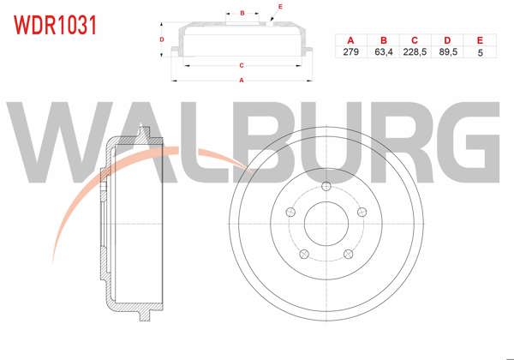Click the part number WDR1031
[x=53, y=23]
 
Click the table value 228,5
[x=415, y=52]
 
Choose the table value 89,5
[x=448, y=52]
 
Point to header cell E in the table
[x=480, y=40]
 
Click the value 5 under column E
[x=480, y=52]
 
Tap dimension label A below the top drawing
[x=242, y=81]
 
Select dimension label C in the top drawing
[x=242, y=65]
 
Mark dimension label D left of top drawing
[x=162, y=39]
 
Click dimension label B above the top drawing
[x=242, y=13]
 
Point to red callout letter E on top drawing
[x=280, y=7]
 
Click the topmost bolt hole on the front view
[x=326, y=188]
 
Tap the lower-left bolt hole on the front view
[x=303, y=252]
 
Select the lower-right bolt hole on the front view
[x=347, y=252]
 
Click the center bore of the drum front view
[x=326, y=225]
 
